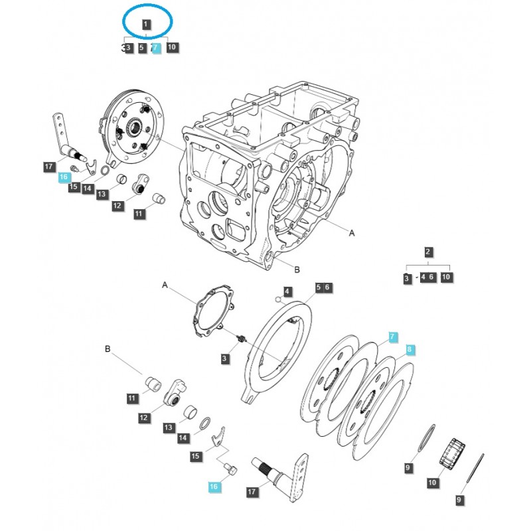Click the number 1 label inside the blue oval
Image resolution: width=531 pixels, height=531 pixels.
[146, 25]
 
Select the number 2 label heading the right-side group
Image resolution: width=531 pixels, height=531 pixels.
[428, 252]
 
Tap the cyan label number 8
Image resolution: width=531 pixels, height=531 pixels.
[410, 350]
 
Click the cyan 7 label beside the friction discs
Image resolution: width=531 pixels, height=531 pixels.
[392, 337]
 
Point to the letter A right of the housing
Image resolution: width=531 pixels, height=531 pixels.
[352, 233]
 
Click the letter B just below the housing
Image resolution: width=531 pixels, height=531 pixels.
[297, 269]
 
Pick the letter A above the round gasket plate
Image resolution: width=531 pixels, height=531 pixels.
[165, 284]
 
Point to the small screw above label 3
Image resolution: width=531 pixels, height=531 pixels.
[242, 339]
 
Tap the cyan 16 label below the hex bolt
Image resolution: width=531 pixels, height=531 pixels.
[213, 487]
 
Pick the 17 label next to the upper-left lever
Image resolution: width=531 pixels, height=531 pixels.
[49, 167]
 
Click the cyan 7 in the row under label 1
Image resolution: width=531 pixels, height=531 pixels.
[157, 48]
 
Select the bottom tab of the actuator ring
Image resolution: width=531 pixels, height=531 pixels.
[250, 398]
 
